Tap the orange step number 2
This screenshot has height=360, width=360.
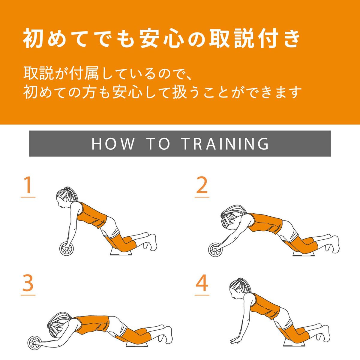tap(202, 185)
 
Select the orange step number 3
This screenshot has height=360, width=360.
tap(28, 283)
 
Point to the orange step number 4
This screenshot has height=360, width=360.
tap(202, 283)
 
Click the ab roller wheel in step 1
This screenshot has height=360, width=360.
tap(66, 249)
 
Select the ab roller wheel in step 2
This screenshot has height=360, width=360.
tap(215, 250)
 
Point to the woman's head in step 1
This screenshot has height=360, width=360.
tap(64, 198)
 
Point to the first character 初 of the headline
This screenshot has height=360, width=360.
tap(33, 38)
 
